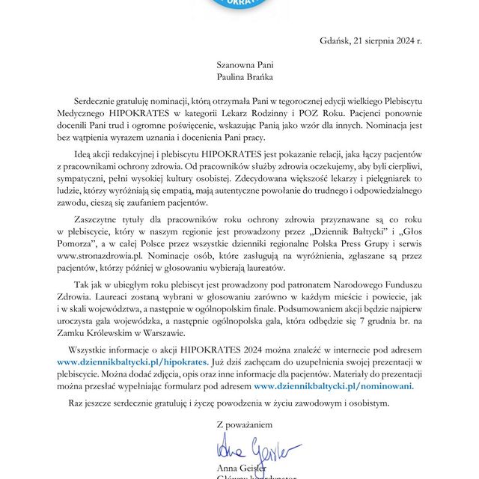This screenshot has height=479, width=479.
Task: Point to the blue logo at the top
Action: (239, 4)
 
